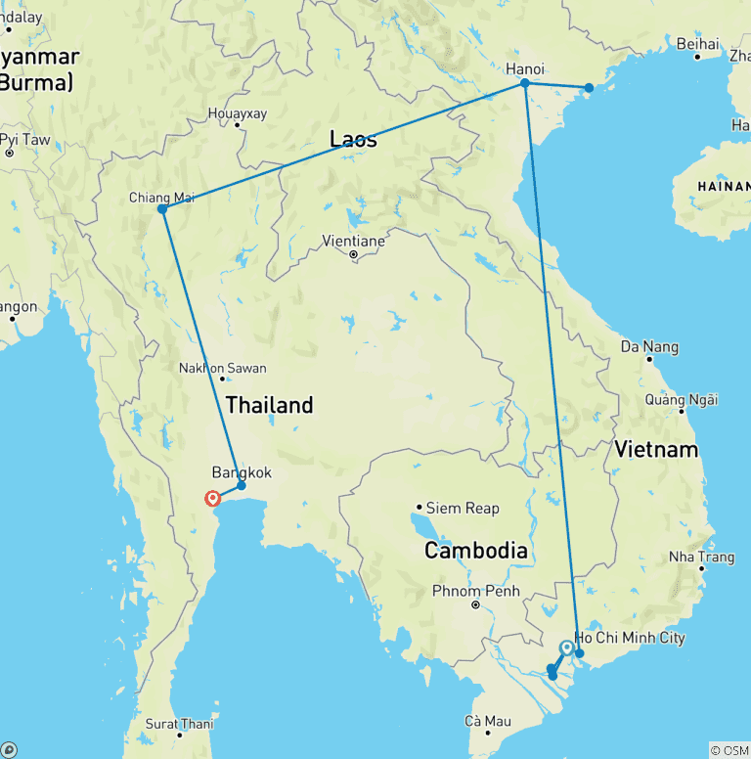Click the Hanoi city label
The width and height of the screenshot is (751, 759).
pyautogui.click(x=524, y=69)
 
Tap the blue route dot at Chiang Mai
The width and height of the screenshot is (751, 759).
pyautogui.click(x=161, y=209)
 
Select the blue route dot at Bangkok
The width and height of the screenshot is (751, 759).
pyautogui.click(x=242, y=485)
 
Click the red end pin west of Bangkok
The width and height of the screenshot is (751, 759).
pyautogui.click(x=212, y=499)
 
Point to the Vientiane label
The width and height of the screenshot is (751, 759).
pyautogui.click(x=353, y=240)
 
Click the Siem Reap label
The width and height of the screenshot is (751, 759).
pyautogui.click(x=463, y=508)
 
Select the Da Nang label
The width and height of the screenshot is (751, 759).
pyautogui.click(x=649, y=346)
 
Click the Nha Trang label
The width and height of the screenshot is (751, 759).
pyautogui.click(x=701, y=557)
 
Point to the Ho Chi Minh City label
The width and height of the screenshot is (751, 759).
pyautogui.click(x=631, y=638)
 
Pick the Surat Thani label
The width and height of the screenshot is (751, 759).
pyautogui.click(x=180, y=724)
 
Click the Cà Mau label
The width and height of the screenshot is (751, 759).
pyautogui.click(x=487, y=722)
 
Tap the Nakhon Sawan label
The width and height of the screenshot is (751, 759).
pyautogui.click(x=222, y=369)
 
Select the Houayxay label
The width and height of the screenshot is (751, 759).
pyautogui.click(x=237, y=113)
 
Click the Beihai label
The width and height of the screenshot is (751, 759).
pyautogui.click(x=697, y=43)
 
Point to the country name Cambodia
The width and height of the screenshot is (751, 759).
pyautogui.click(x=476, y=551)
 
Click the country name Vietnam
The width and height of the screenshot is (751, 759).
pyautogui.click(x=657, y=449)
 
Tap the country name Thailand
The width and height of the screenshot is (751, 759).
pyautogui.click(x=269, y=404)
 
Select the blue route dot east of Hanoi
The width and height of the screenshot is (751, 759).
pyautogui.click(x=589, y=88)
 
